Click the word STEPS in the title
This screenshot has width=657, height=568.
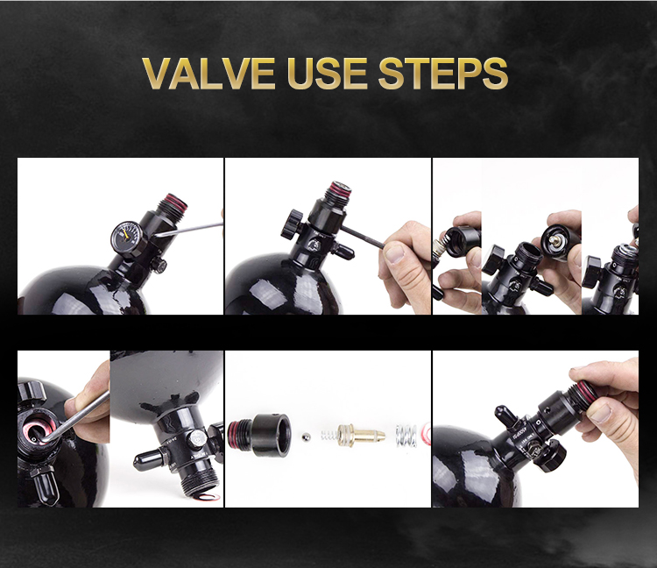pos(443,74)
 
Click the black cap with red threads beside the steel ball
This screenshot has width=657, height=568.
pos(259,435)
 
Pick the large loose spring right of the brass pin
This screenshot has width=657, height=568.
pos(406,436)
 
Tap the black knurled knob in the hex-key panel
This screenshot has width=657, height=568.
pos(292,224)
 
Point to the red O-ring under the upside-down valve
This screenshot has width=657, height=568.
pos(207,497)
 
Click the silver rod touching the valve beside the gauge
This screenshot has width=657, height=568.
pos(189,230)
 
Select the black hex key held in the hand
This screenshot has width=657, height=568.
pos(362,236)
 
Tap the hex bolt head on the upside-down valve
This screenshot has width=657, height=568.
pos(197,439)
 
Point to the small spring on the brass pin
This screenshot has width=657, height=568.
pos(329,435)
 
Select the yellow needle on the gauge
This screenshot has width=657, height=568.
pos(124,235)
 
